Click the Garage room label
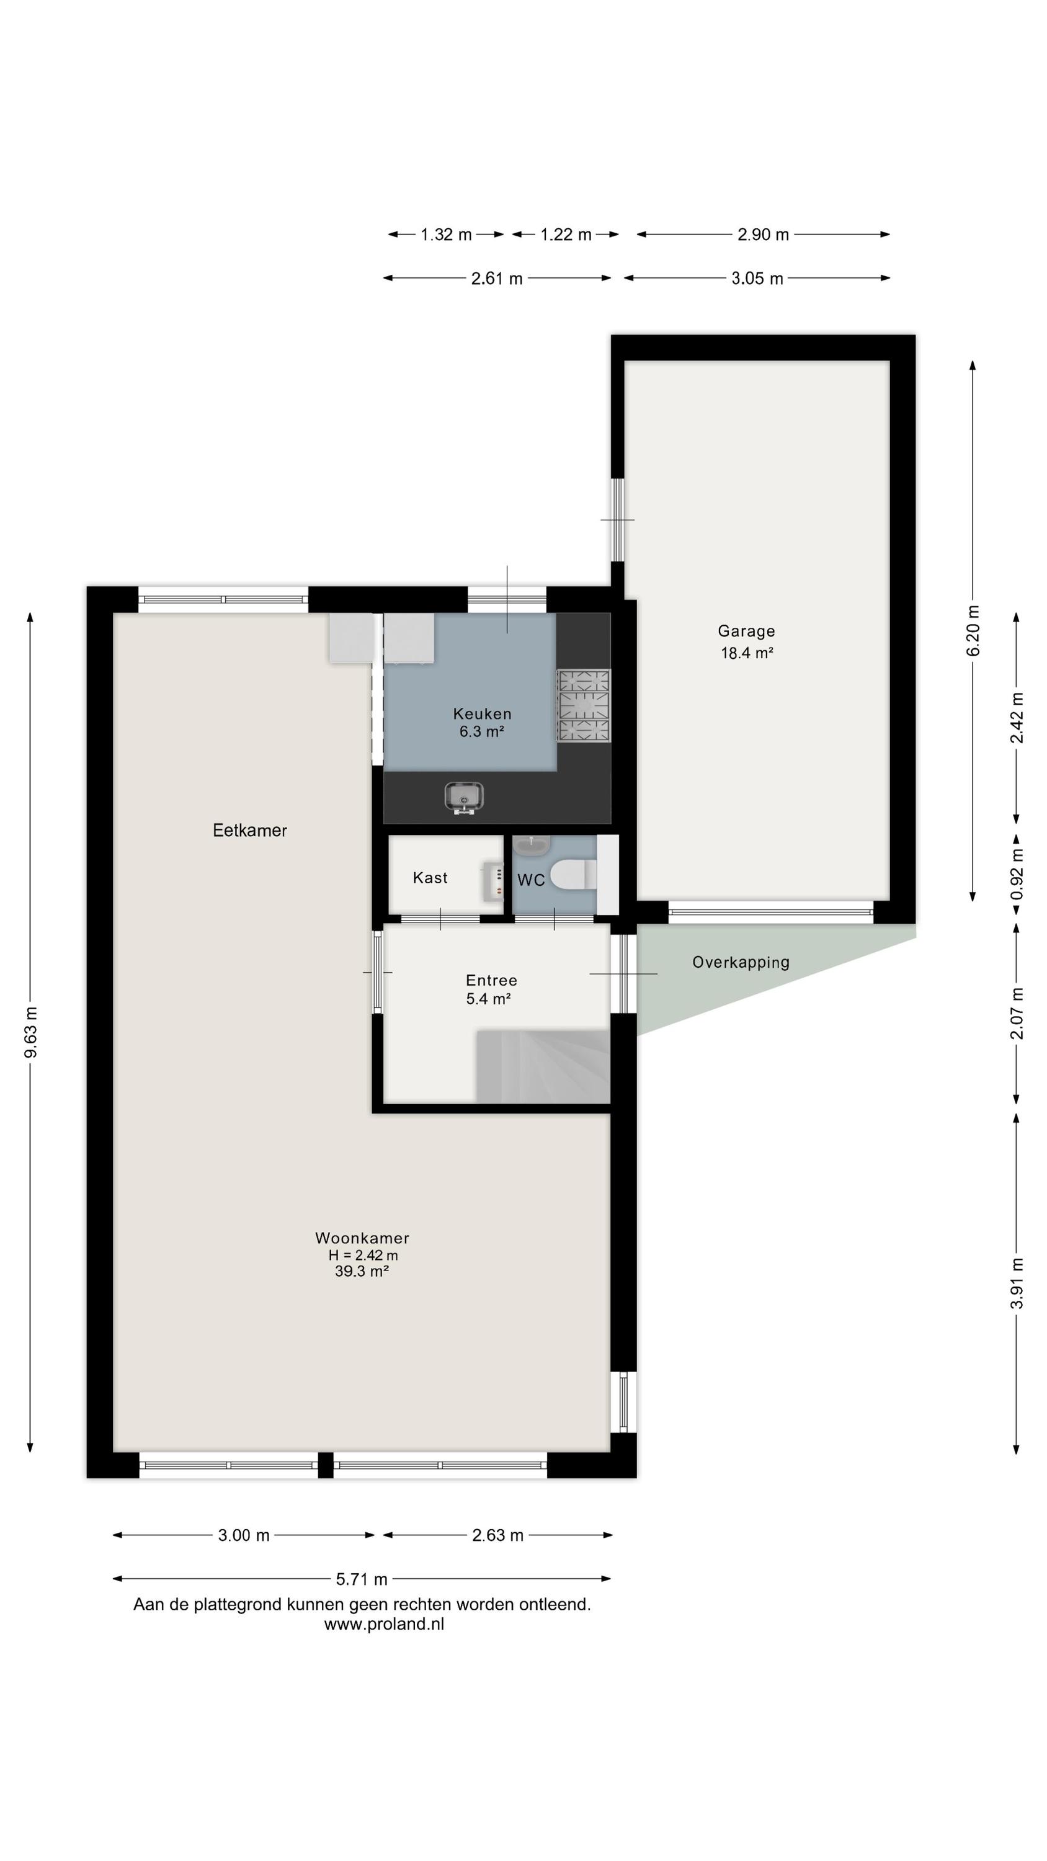[746, 631]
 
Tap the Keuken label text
[482, 714]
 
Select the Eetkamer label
[249, 831]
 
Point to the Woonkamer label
[362, 1238]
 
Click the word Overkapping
[741, 962]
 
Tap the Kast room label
[430, 878]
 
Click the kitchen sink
[463, 798]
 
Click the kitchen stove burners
[583, 706]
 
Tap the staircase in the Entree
[543, 1066]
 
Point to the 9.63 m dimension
[30, 1032]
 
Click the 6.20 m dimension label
[973, 631]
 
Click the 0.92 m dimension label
[1017, 874]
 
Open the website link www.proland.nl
[384, 1624]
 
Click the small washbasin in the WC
[532, 844]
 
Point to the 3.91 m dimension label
[1017, 1283]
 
